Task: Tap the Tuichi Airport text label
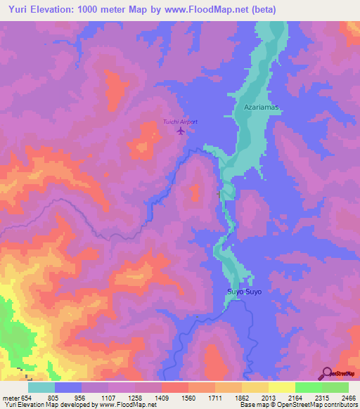click(181, 122)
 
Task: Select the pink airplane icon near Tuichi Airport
click(181, 131)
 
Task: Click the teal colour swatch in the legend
click(41, 387)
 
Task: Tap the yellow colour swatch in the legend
click(281, 387)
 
